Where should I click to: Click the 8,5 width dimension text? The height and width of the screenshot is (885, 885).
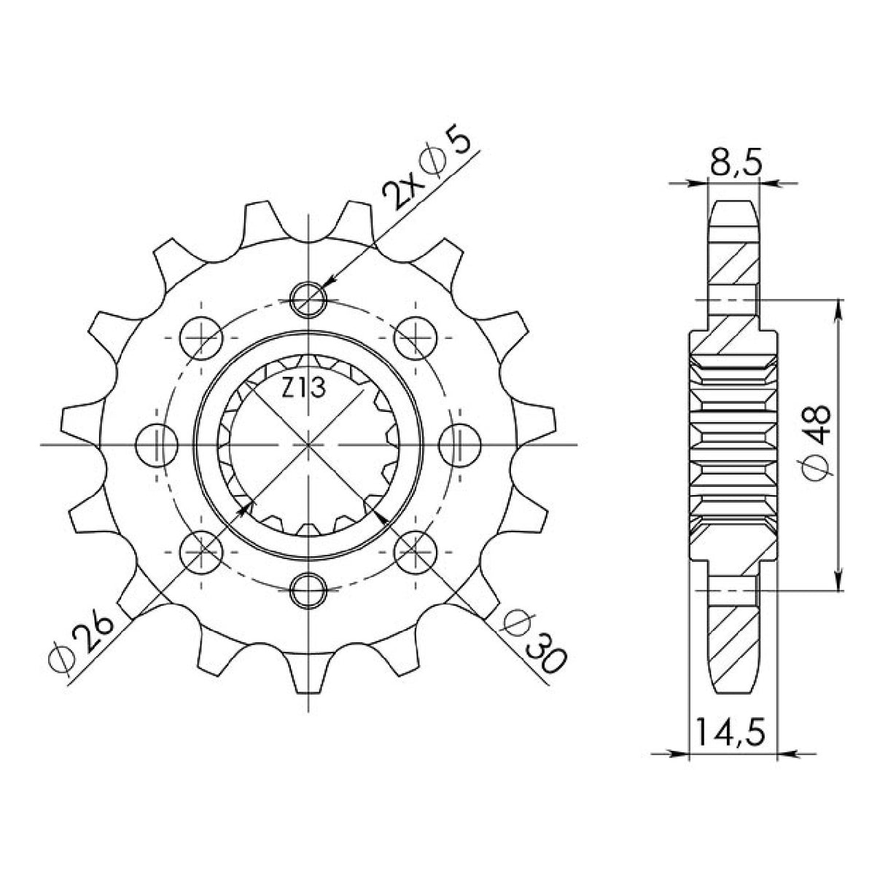(x=734, y=163)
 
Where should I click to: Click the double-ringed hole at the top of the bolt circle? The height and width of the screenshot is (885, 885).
(x=309, y=298)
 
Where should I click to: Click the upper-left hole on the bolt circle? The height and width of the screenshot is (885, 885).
(x=201, y=336)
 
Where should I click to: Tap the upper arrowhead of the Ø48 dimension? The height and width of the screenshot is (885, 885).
(x=841, y=306)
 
